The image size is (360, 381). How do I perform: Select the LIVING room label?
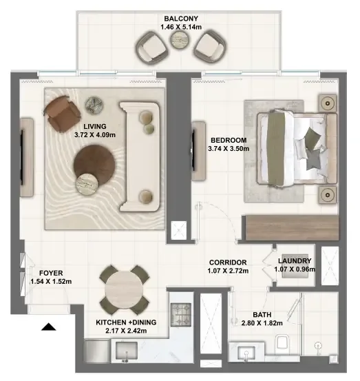(x=96, y=126)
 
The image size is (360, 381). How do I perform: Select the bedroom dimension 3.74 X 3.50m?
(x=227, y=149)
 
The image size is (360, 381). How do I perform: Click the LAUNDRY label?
(x=296, y=260)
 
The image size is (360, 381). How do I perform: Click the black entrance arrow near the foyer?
(x=48, y=328)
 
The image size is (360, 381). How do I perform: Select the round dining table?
(x=125, y=290)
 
